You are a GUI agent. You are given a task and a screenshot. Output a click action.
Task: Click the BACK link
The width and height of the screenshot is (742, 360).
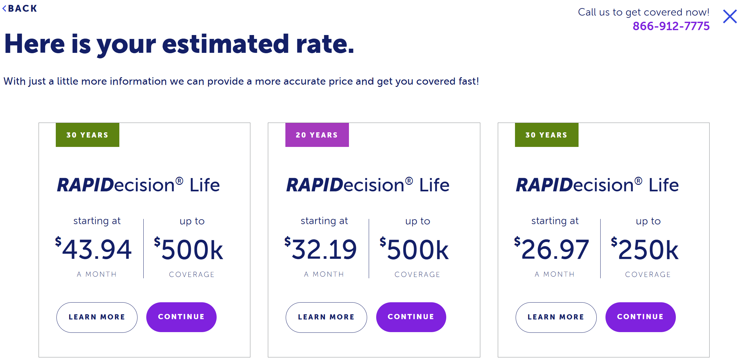click(x=20, y=8)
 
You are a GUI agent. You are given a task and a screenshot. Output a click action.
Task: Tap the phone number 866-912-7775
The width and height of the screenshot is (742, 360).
click(x=671, y=26)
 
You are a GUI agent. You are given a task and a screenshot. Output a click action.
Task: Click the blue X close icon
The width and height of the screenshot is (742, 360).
click(x=730, y=16)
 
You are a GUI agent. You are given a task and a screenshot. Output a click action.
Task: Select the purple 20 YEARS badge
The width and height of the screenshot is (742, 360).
click(x=317, y=135)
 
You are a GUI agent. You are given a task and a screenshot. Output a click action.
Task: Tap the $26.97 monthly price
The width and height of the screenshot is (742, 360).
click(x=552, y=249)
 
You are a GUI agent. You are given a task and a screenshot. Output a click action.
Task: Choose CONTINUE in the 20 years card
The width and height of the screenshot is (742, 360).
click(x=411, y=317)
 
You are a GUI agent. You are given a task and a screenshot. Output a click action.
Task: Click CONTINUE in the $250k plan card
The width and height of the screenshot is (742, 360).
click(x=640, y=317)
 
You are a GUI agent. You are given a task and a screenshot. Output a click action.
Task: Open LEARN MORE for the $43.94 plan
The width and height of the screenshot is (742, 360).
click(x=97, y=317)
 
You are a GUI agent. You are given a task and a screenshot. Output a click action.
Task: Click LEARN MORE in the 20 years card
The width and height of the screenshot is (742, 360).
click(x=326, y=317)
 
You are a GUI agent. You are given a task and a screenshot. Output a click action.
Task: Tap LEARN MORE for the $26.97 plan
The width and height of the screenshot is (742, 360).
click(x=556, y=317)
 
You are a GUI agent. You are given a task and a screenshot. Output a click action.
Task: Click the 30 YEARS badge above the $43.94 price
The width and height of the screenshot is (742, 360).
click(x=87, y=135)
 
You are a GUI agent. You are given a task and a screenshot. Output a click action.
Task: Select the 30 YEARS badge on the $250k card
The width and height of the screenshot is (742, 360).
click(x=546, y=135)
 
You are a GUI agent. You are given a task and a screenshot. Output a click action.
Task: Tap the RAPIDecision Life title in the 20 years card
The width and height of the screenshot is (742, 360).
click(x=368, y=185)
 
